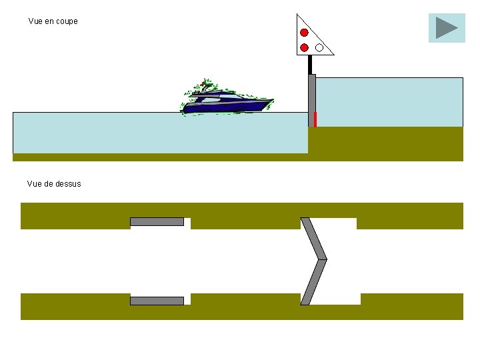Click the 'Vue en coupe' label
[x=53, y=21]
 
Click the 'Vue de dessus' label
[x=54, y=183]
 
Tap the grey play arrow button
[x=447, y=28]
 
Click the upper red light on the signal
[x=304, y=32]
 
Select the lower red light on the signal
[x=304, y=47]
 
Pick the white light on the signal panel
[x=319, y=47]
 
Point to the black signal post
[x=310, y=64]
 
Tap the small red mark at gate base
[x=315, y=119]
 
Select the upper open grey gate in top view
[x=157, y=221]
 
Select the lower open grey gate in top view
[x=157, y=301]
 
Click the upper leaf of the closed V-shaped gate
[x=313, y=238]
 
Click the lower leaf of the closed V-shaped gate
[x=313, y=281]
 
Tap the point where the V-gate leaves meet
[x=325, y=259]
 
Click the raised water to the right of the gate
[x=389, y=102]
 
